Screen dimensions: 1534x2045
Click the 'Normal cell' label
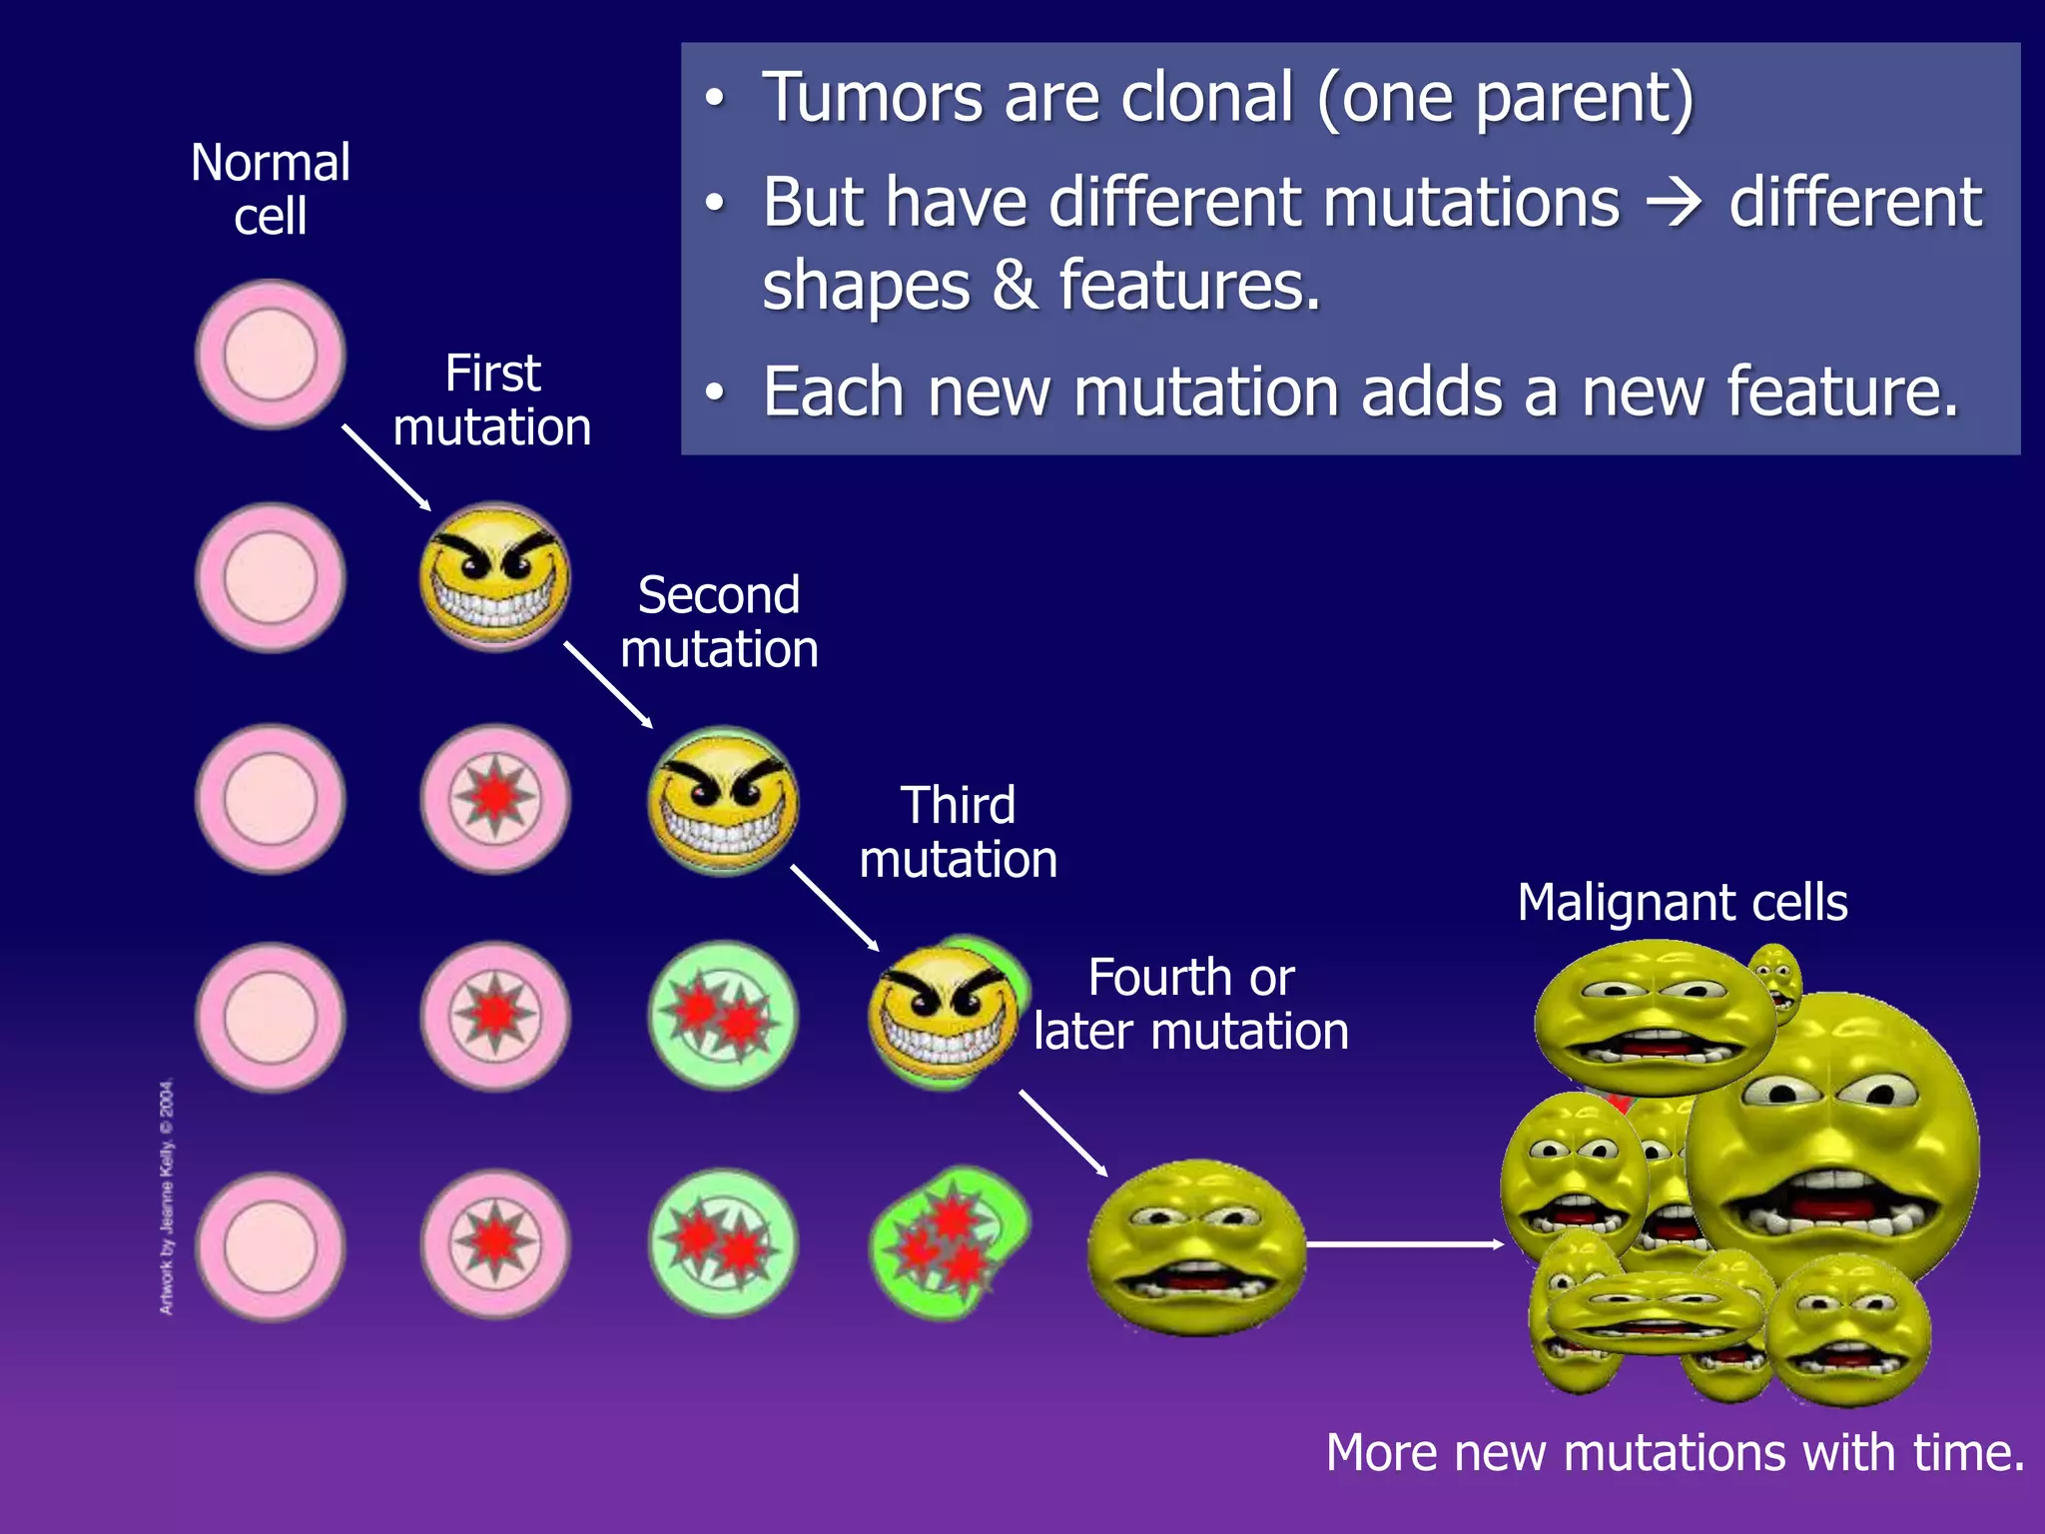[x=270, y=189]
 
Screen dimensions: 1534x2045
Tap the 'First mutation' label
[x=492, y=400]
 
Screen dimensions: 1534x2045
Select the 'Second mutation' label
[x=719, y=622]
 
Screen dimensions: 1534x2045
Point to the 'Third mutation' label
[x=958, y=832]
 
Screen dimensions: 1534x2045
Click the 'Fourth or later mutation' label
[x=1190, y=1004]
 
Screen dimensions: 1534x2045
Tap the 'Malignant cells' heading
[x=1682, y=902]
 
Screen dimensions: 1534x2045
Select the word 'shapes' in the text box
[x=866, y=286]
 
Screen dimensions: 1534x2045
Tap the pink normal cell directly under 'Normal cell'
[x=270, y=355]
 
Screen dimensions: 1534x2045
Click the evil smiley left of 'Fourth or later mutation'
[x=942, y=1014]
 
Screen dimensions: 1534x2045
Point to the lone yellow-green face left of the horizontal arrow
[x=1195, y=1246]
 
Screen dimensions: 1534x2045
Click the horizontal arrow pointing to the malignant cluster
[x=1403, y=1244]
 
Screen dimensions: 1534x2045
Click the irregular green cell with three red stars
[x=949, y=1243]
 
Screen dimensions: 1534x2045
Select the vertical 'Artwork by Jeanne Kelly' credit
[x=167, y=1195]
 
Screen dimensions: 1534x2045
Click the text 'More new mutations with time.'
[x=1675, y=1452]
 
